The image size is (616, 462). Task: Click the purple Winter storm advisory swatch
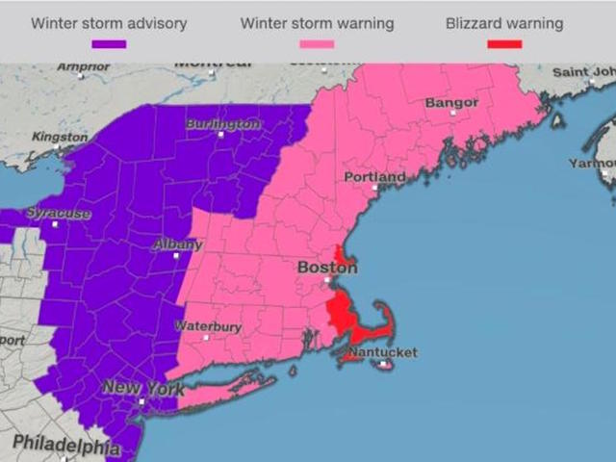(x=109, y=44)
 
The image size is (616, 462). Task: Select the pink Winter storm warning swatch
(x=316, y=44)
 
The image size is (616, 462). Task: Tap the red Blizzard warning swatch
(x=503, y=44)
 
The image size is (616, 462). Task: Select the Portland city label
(x=374, y=178)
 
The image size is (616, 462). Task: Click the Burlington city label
(x=222, y=124)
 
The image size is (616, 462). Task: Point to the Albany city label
(x=178, y=244)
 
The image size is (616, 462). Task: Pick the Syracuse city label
(x=59, y=213)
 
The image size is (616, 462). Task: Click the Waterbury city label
(x=207, y=326)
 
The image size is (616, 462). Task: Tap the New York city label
(x=142, y=388)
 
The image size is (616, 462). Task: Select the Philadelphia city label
(x=66, y=445)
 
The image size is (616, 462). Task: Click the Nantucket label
(x=382, y=352)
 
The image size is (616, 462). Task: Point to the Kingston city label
(x=59, y=138)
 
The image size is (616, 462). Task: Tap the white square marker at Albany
(x=176, y=256)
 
